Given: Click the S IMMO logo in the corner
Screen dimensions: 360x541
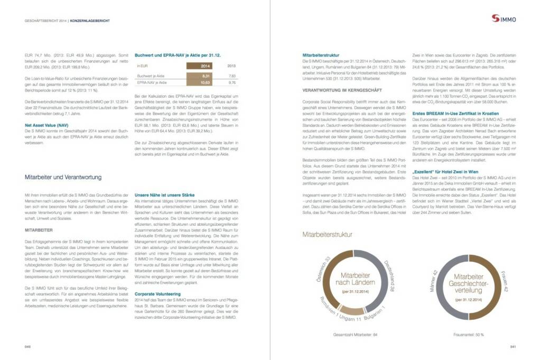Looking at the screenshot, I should click(504, 19).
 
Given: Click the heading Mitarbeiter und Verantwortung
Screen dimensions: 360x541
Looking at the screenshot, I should click(63, 177).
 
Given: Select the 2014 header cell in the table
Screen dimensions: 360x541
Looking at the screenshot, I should click(206, 66).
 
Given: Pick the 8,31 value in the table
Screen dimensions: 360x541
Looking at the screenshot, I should click(206, 76).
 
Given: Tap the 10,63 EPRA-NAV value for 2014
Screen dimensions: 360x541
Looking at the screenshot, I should click(206, 83).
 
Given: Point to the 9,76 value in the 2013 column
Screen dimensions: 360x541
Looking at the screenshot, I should click(231, 83).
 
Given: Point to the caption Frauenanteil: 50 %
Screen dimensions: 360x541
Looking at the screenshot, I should click(468, 335).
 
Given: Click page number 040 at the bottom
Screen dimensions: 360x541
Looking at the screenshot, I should click(29, 347).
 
